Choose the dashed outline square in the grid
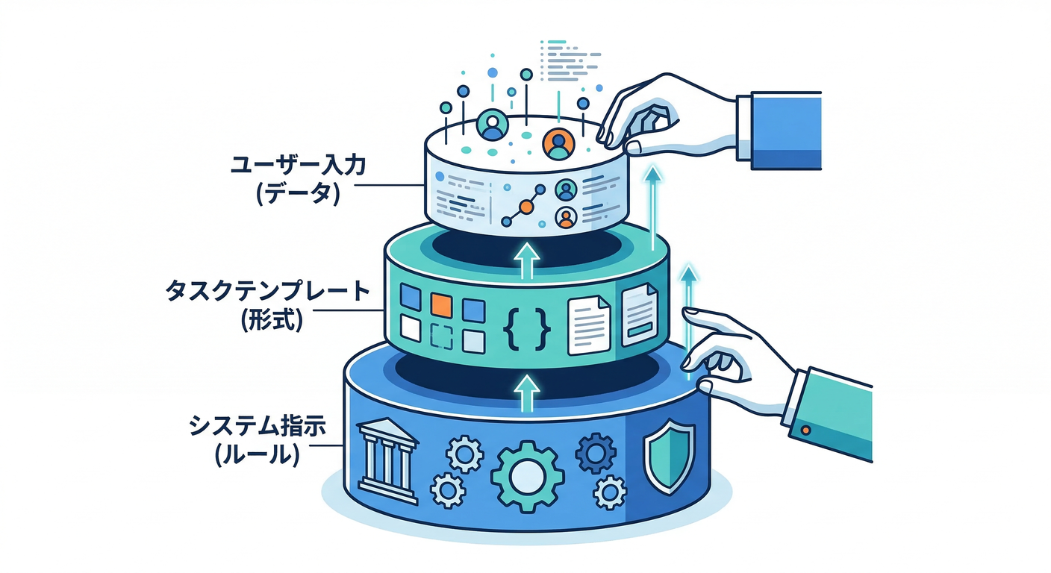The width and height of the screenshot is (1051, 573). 443,338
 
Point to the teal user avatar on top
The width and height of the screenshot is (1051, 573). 492,125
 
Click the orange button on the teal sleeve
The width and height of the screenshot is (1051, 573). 805,430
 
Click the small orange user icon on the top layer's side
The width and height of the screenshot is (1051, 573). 566,217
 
